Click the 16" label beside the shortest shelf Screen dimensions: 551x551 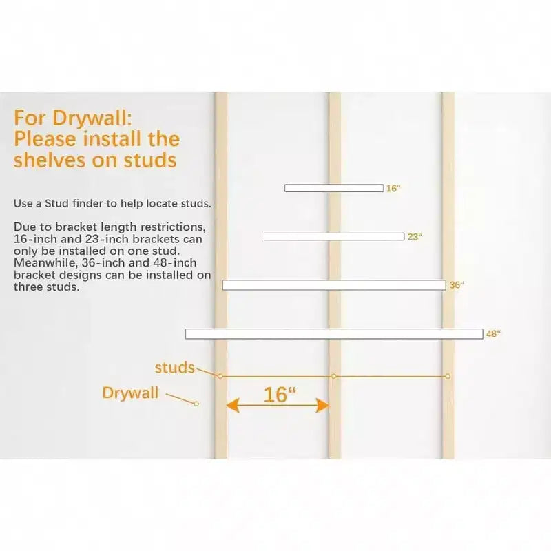point(393,188)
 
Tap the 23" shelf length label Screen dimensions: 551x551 point(415,237)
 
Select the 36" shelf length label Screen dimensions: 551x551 point(457,285)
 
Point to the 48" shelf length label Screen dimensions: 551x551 point(493,333)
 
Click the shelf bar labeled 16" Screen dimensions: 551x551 point(334,188)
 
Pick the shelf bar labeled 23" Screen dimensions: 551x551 point(334,237)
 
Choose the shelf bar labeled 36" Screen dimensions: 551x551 point(334,285)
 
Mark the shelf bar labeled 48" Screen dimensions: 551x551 point(334,333)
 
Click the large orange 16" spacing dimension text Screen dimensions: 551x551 point(280,395)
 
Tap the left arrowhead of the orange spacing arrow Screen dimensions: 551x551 point(232,405)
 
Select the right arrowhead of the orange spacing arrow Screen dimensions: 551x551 point(322,405)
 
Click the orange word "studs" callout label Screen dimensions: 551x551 point(174,368)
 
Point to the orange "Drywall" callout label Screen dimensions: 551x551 point(130,393)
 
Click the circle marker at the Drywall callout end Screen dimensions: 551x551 point(196,404)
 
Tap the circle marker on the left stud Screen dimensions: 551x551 point(220,376)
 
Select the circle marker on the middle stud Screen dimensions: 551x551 point(333,376)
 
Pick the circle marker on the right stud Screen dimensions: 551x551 point(448,376)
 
